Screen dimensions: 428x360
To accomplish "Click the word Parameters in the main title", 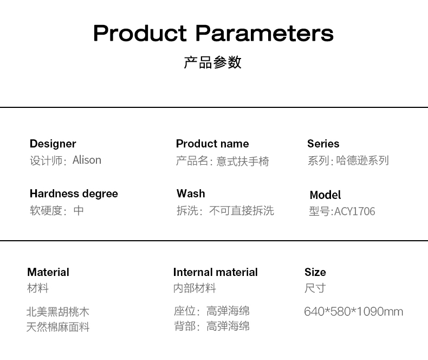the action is click(264, 33).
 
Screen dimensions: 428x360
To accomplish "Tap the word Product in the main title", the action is click(140, 33).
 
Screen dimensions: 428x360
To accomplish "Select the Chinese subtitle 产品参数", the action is click(212, 62).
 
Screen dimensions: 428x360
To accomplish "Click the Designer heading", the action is click(53, 144).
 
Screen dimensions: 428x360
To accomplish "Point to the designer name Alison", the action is click(87, 160).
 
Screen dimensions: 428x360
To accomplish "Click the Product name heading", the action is click(212, 144).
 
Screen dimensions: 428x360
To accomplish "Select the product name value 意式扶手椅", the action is click(243, 161).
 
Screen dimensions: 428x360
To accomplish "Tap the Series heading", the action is click(323, 144).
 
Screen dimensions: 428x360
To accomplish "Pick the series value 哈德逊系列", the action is click(362, 160).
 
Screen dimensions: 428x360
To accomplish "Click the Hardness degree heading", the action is click(74, 194).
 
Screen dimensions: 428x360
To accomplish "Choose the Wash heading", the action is click(191, 194).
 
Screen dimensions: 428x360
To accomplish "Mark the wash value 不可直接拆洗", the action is click(242, 210).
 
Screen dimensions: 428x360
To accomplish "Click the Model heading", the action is click(326, 195).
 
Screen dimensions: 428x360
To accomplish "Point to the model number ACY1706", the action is click(355, 211).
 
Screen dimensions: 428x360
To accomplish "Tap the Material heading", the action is click(48, 272).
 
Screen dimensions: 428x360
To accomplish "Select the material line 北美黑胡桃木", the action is click(58, 312).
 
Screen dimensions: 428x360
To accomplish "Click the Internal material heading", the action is click(216, 272).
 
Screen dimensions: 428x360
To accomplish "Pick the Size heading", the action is click(315, 272).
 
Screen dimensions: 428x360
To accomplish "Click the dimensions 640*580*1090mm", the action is click(353, 312).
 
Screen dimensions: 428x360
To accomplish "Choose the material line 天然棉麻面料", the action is click(58, 327).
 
